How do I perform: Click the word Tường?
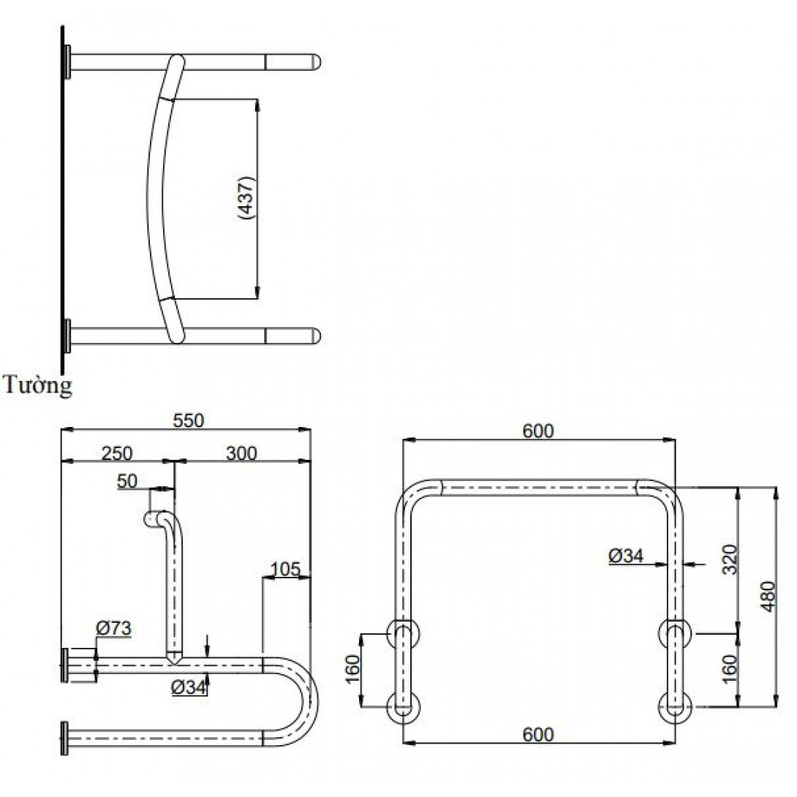tap(37, 385)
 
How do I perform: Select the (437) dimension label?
tap(246, 197)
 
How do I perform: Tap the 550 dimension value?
tap(188, 420)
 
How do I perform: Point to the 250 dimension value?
tap(117, 453)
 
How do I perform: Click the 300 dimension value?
tap(241, 453)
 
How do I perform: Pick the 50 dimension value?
tap(127, 481)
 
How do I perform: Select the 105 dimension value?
tap(286, 569)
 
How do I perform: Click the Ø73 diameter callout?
tap(114, 628)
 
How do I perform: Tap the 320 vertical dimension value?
tap(730, 559)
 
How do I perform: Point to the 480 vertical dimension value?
tap(768, 596)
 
